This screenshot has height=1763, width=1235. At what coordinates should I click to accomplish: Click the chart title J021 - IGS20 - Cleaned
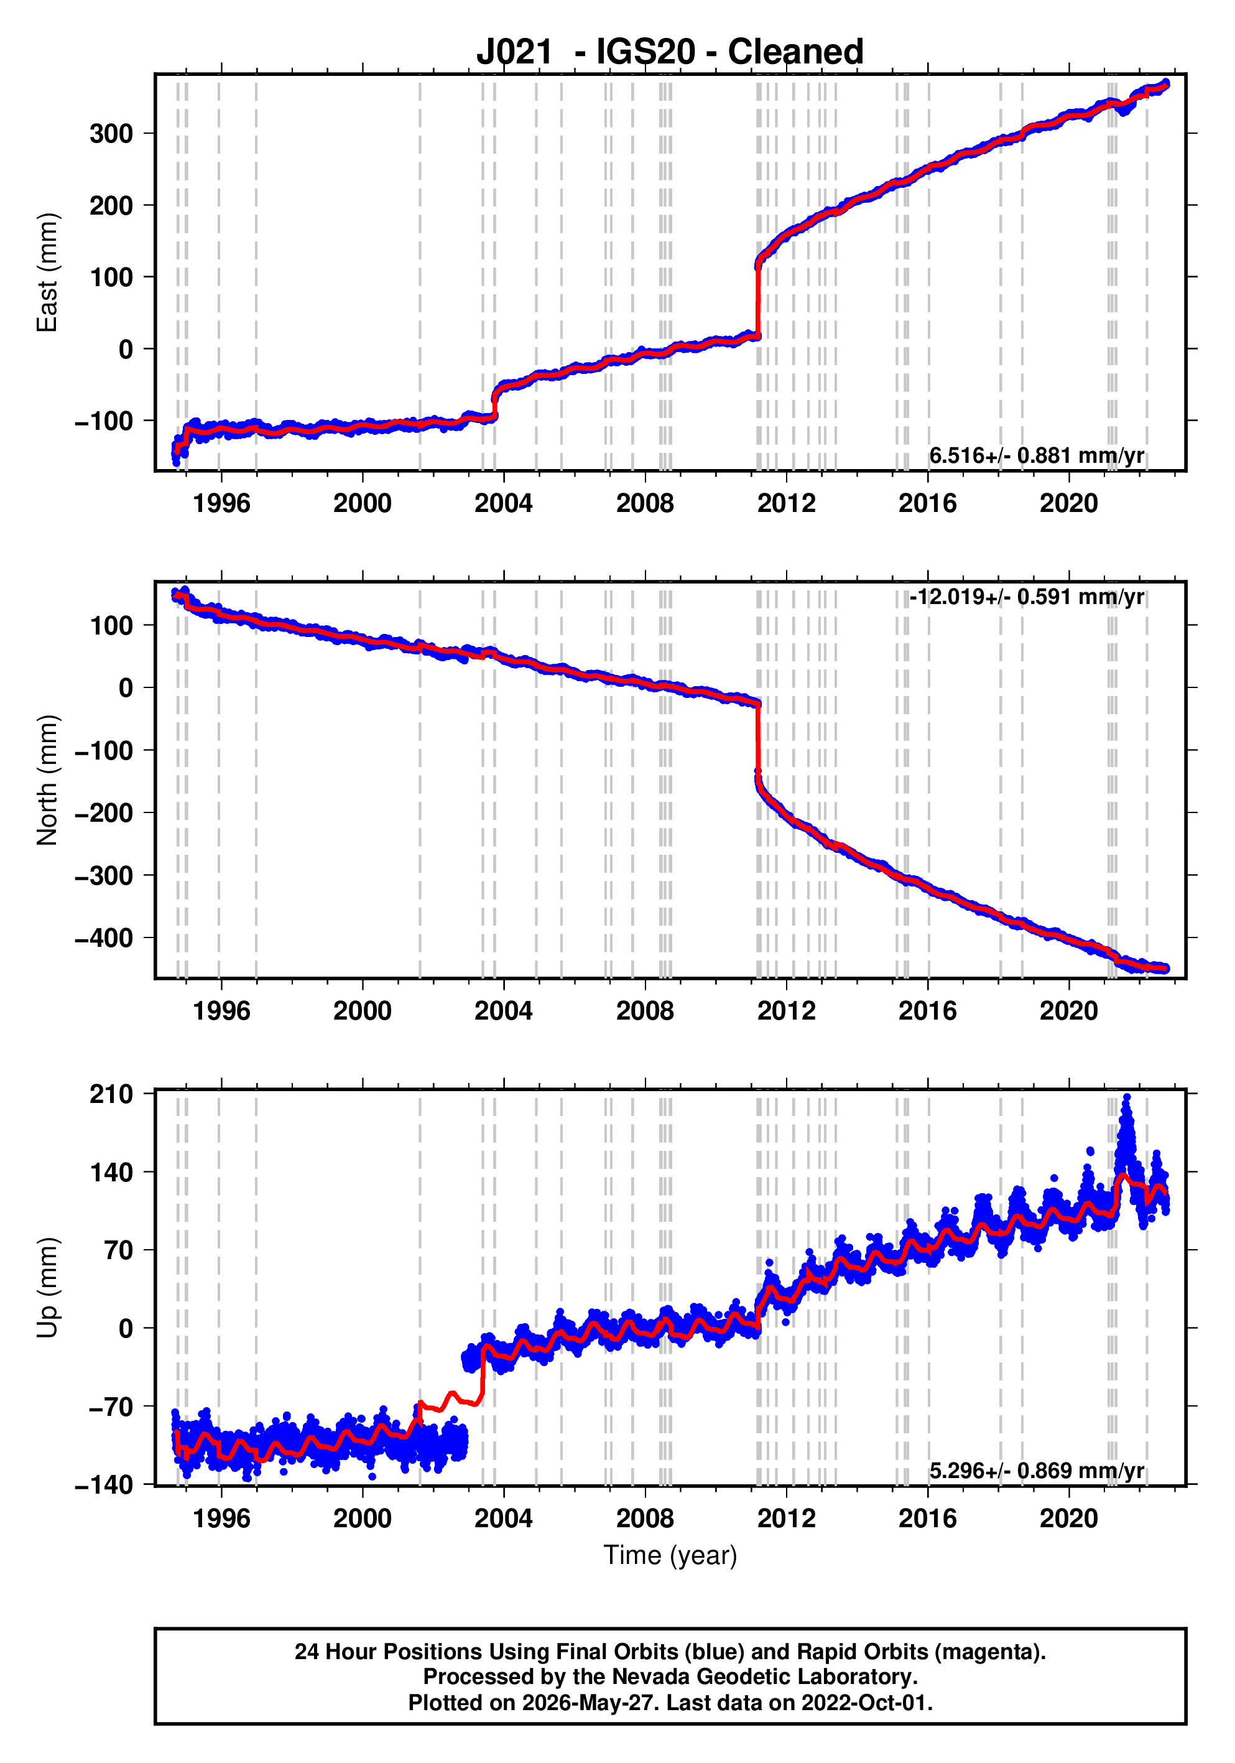(x=669, y=52)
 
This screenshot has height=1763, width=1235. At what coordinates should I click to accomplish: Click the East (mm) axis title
(x=47, y=272)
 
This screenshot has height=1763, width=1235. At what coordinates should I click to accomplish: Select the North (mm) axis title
(x=47, y=780)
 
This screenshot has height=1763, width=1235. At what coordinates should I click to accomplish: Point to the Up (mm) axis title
(x=47, y=1288)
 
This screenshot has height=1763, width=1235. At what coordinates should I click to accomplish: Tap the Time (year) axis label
(x=670, y=1555)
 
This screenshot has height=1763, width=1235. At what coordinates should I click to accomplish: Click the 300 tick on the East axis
(x=111, y=134)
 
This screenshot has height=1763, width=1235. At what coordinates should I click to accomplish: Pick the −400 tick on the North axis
(x=104, y=937)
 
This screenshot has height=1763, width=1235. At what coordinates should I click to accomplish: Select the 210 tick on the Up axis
(x=111, y=1094)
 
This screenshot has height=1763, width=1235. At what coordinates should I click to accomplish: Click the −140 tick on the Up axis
(x=104, y=1485)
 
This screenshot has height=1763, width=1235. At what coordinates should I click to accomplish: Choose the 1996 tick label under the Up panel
(x=221, y=1518)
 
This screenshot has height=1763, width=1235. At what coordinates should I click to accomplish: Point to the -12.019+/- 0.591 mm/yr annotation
(x=1027, y=597)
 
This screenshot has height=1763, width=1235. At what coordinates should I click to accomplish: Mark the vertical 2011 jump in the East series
(x=758, y=299)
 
